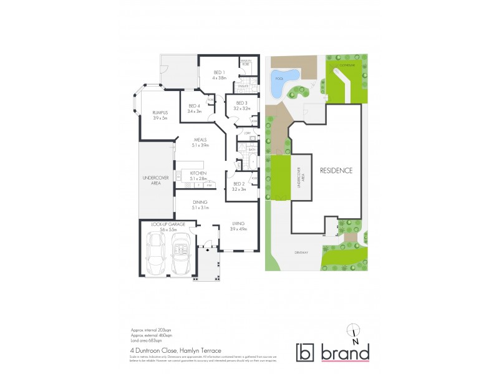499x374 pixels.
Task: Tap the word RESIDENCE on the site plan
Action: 337,170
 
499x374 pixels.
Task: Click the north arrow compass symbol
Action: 354,334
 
